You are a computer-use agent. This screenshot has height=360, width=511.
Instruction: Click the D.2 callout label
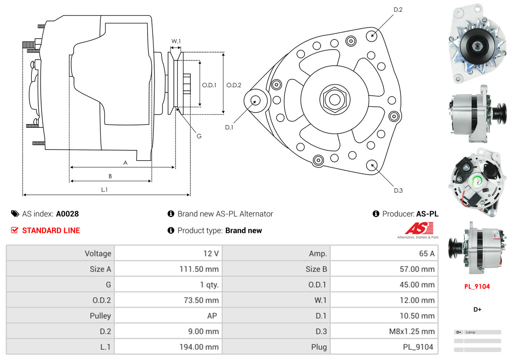click(x=398, y=9)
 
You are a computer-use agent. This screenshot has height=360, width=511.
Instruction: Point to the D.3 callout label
click(x=398, y=190)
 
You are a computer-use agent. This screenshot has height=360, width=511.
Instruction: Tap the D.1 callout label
click(x=229, y=127)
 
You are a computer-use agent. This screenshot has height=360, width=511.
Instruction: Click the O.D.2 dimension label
click(x=234, y=85)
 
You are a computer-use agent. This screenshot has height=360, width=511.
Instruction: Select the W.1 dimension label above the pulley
click(x=176, y=41)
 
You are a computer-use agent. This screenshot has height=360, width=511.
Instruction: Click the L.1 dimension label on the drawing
click(x=105, y=189)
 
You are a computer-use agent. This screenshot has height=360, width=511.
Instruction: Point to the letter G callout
click(x=199, y=136)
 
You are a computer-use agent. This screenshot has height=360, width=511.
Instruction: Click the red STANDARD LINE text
click(x=51, y=231)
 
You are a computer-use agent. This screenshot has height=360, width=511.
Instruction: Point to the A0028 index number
click(x=67, y=214)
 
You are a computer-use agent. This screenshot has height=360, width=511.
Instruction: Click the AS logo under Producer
click(x=419, y=229)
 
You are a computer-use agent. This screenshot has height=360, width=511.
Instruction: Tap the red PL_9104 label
click(x=477, y=286)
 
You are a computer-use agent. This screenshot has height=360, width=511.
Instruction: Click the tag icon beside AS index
click(x=15, y=214)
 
